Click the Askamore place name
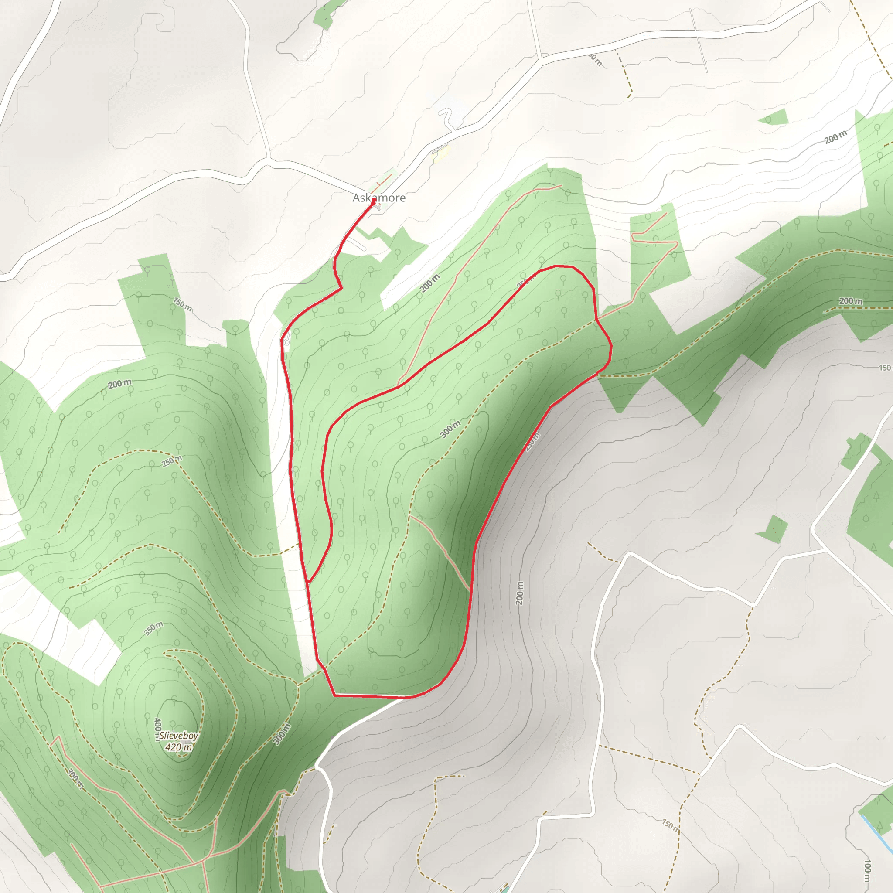click(x=379, y=198)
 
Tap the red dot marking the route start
click(x=374, y=200)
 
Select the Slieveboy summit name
click(x=179, y=736)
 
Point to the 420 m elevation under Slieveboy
click(x=179, y=747)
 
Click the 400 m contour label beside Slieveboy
click(x=157, y=729)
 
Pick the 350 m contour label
click(x=153, y=629)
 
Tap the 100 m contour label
click(x=867, y=871)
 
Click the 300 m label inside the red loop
click(x=450, y=429)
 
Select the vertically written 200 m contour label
click(x=520, y=593)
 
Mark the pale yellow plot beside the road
click(x=440, y=154)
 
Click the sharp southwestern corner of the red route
click(x=334, y=695)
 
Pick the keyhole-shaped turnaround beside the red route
click(x=286, y=342)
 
